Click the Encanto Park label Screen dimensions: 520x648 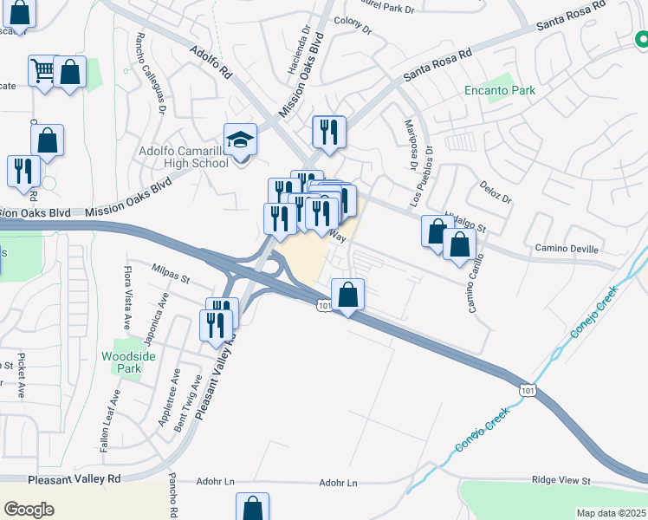[x=511, y=90]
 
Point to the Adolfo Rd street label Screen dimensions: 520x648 [x=211, y=62]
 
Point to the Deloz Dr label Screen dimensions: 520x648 [x=496, y=192]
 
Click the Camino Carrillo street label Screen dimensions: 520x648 [x=476, y=284]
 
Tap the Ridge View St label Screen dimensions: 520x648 [x=561, y=480]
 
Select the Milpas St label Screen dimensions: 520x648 [x=171, y=274]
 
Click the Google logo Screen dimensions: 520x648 [x=29, y=510]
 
